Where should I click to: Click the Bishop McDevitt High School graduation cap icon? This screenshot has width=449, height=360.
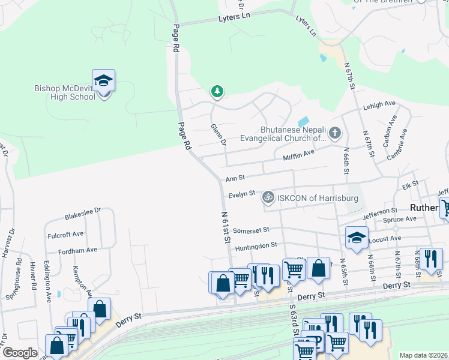[103, 80]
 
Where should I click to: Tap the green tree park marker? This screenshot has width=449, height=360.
[217, 92]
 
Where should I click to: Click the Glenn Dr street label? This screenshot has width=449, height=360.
[218, 135]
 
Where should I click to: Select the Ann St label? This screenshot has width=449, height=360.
[235, 178]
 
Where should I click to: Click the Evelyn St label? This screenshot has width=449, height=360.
[242, 194]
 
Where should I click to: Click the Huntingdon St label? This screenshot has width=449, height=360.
[256, 245]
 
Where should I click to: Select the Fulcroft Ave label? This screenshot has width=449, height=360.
[66, 233]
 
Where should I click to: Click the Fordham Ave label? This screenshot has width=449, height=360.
[79, 250]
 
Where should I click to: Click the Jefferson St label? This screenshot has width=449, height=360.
[379, 211]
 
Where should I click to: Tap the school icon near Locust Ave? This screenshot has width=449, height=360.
[357, 236]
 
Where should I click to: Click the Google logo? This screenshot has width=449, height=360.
[20, 353]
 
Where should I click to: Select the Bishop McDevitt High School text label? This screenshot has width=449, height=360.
[65, 93]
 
